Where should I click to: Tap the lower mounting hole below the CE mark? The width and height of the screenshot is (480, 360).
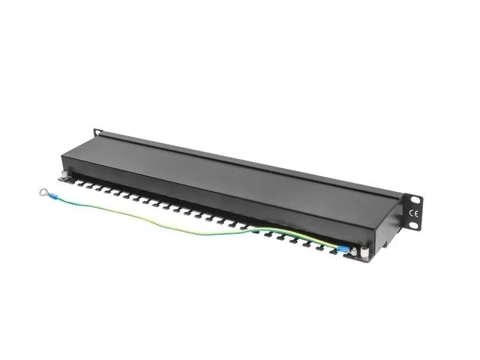click(415, 225)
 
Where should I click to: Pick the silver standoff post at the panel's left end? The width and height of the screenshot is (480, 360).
click(66, 177)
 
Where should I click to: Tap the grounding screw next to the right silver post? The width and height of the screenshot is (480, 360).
click(355, 253)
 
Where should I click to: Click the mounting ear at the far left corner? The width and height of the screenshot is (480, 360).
click(97, 133)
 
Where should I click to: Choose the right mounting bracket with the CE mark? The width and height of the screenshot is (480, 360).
click(412, 212)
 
